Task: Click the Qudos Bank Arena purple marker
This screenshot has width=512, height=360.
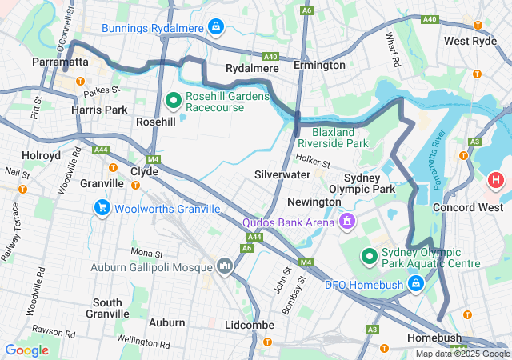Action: [347, 218]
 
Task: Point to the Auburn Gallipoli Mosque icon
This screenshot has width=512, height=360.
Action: [224, 265]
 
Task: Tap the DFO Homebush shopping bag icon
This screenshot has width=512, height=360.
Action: [415, 283]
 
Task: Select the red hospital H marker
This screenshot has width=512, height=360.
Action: [496, 180]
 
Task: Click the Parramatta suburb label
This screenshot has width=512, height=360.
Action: [59, 61]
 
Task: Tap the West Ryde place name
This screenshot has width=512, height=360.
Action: [470, 41]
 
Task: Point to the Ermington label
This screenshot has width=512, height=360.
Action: [319, 65]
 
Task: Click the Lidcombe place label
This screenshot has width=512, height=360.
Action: [250, 325]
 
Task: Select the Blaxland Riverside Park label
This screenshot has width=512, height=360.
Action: [340, 137]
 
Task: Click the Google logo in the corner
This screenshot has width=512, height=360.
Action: [26, 350]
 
